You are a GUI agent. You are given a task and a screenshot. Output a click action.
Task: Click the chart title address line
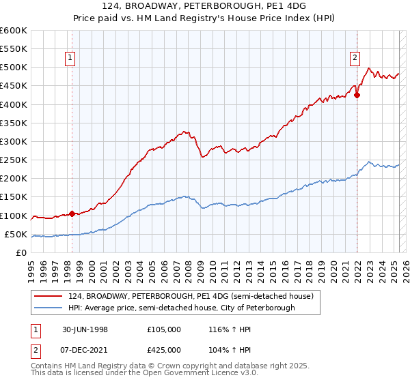[x=204, y=5]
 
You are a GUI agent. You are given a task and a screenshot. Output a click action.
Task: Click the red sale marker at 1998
[x=72, y=214]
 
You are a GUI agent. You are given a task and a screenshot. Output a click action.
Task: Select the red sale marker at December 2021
[x=357, y=95]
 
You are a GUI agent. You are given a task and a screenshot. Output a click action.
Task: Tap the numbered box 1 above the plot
[x=71, y=59]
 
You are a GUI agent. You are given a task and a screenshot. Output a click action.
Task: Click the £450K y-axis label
[x=14, y=86]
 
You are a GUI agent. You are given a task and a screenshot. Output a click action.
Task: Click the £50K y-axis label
[x=16, y=235]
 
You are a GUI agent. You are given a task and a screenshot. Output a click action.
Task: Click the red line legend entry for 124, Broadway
[x=191, y=297]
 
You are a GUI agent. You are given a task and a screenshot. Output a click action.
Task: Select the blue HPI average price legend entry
[x=181, y=308]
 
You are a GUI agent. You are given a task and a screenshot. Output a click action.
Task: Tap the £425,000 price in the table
[x=164, y=349]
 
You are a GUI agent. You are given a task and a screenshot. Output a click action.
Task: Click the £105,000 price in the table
[x=164, y=329]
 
